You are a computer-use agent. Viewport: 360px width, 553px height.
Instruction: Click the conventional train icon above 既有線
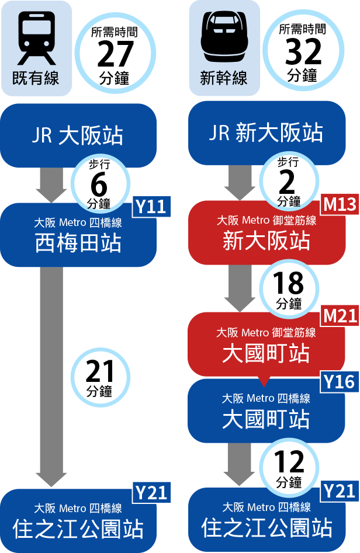[36, 40]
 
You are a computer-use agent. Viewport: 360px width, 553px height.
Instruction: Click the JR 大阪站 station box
[78, 136]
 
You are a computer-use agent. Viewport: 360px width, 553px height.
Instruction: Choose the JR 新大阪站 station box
[266, 133]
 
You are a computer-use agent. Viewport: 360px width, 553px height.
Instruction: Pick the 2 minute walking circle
[288, 182]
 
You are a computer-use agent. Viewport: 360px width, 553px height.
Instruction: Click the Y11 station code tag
[151, 207]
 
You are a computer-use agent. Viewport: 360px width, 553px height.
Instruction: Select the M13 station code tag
[340, 204]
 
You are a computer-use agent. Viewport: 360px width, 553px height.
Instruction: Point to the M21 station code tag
[340, 316]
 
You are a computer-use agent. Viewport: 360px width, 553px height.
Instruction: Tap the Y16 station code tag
[340, 382]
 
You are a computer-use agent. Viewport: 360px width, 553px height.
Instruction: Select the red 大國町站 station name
[266, 354]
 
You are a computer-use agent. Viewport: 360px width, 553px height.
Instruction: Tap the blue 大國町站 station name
[266, 420]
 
